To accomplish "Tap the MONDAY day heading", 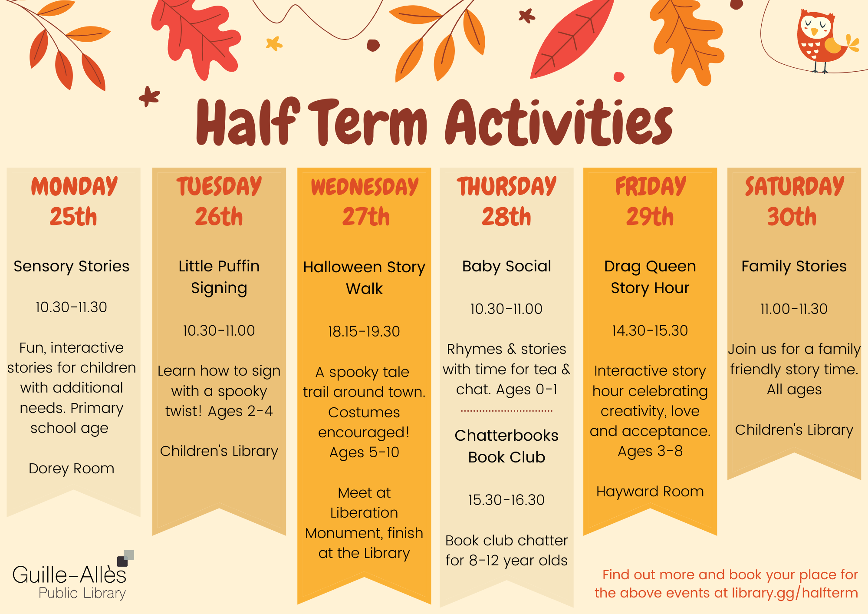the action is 74,186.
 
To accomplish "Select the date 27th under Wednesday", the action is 366,216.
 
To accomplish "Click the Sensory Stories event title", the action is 72,266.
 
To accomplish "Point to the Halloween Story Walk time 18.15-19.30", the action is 364,331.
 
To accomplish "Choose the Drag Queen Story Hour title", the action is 650,277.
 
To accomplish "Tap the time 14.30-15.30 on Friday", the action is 650,330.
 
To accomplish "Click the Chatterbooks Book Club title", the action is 506,446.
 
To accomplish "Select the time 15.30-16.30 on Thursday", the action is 506,500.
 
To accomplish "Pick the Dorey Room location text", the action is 72,469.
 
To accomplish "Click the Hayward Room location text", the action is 650,492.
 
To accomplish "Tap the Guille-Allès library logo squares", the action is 126,558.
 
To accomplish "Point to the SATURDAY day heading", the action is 794,186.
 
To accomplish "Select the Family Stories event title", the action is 794,266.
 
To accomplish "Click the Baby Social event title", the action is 506,266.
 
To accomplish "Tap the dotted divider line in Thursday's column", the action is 506,410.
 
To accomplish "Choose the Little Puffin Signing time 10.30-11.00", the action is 219,330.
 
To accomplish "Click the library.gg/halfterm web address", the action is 795,593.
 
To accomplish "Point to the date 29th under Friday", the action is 650,216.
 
